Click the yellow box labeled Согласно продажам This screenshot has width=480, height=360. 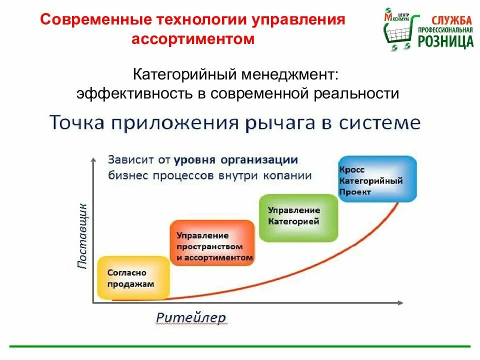133,278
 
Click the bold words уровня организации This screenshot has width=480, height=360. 236,160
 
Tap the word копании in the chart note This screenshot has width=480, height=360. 289,175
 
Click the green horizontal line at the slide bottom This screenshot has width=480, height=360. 240,346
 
